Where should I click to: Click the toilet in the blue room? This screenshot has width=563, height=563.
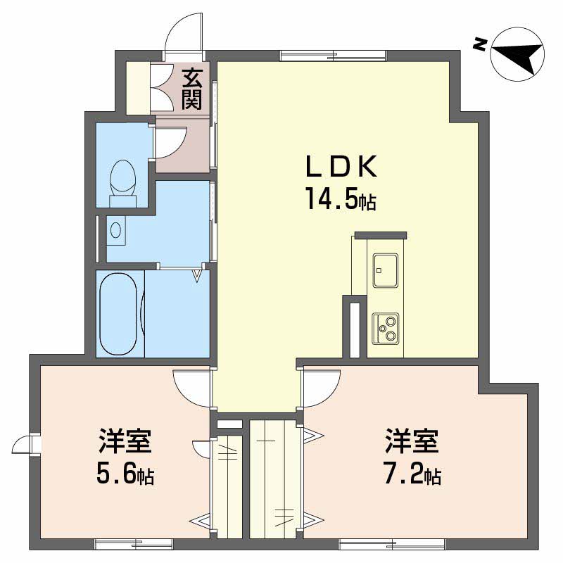pos(124,181)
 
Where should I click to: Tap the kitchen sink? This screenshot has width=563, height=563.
pos(386,270)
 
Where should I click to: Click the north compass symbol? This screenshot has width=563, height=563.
pos(517,53)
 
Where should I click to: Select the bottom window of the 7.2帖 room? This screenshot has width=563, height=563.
pos(391,543)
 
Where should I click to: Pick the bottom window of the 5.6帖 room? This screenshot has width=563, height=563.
pos(134,543)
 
